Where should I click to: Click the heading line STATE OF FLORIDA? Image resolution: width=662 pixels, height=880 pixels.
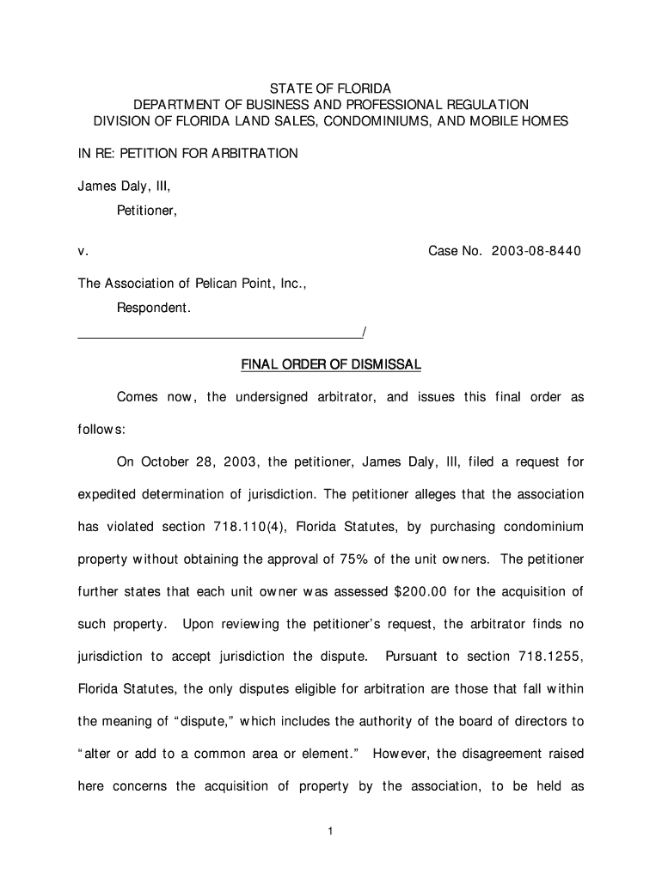331,89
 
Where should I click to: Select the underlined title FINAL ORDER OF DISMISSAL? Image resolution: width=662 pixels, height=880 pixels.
331,365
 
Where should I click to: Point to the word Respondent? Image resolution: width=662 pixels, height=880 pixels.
154,308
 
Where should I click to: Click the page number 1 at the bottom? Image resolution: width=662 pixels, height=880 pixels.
331,831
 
